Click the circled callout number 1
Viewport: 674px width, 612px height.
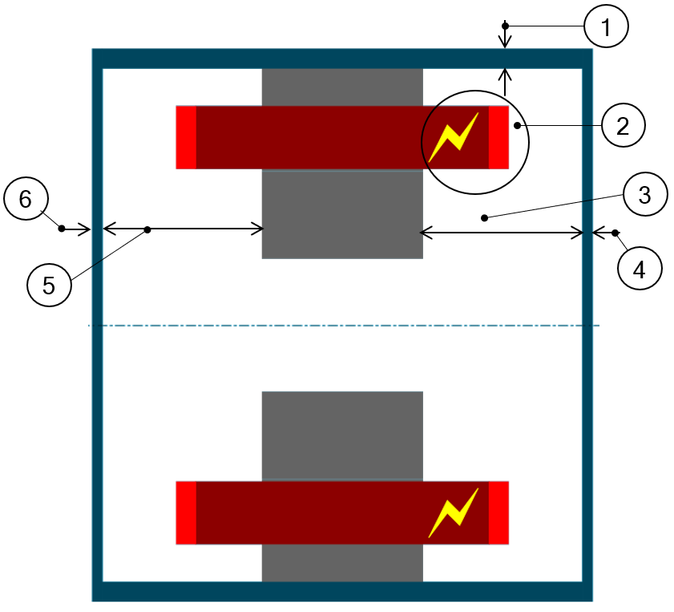[x=606, y=28]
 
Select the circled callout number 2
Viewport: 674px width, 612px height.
[x=624, y=125]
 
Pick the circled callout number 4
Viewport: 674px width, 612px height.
[x=639, y=270]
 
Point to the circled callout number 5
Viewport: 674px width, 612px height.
[x=48, y=286]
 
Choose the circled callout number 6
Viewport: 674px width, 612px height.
[x=26, y=199]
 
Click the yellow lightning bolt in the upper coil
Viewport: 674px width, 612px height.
[x=454, y=137]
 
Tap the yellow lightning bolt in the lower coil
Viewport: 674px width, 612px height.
[x=454, y=513]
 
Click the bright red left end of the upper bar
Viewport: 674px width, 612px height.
[x=186, y=137]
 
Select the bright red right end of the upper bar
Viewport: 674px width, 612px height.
[x=498, y=137]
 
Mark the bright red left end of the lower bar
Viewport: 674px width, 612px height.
[x=186, y=513]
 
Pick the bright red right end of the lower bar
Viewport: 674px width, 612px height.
[x=498, y=513]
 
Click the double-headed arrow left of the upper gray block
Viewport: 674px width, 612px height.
[x=184, y=229]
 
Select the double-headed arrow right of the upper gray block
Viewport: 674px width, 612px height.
[x=502, y=233]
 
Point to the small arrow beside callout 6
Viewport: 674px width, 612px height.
[x=78, y=230]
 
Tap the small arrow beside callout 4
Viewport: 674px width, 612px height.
[x=601, y=233]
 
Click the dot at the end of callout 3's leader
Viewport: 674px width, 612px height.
[x=484, y=217]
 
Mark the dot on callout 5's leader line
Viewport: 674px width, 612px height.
[x=147, y=230]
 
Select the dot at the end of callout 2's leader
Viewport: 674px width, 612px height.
[x=518, y=125]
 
